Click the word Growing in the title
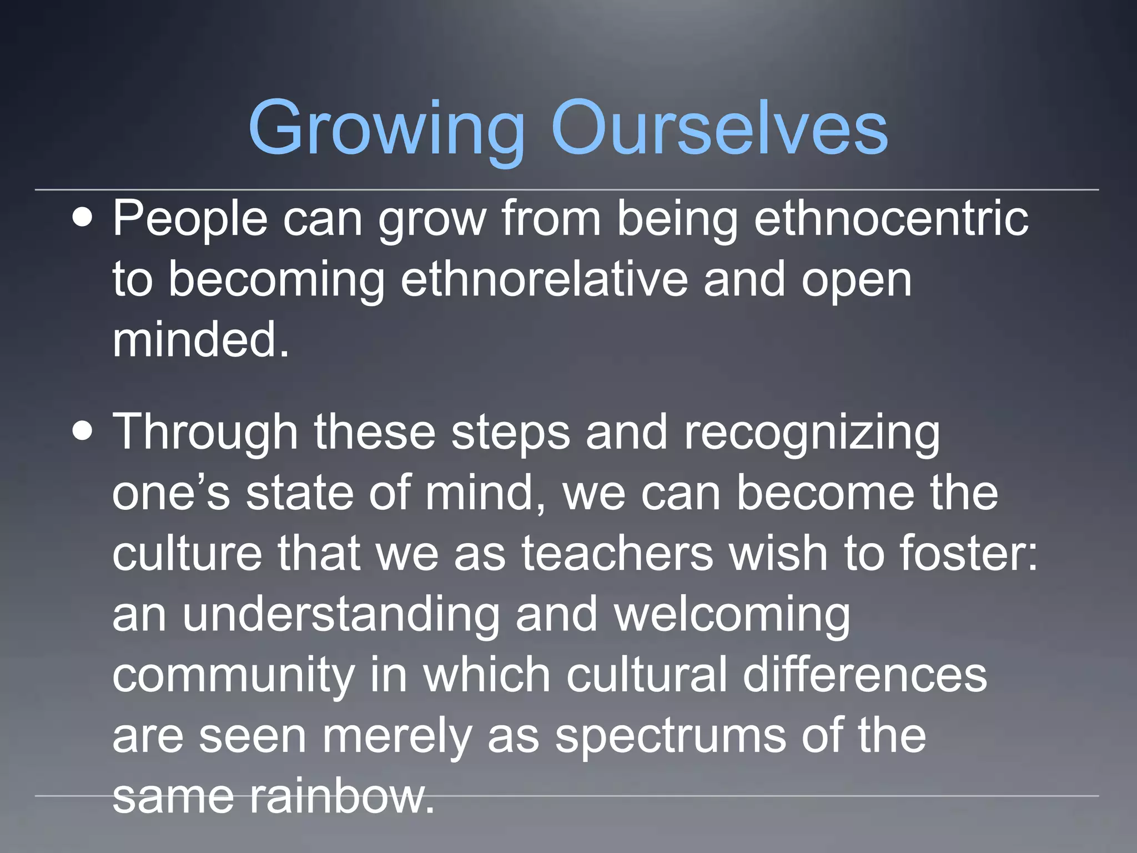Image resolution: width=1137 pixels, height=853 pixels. coord(386,129)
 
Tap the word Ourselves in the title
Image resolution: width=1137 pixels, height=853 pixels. coord(719,129)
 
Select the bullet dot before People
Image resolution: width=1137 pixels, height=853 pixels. coord(83,218)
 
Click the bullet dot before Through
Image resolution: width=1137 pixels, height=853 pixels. coord(83,432)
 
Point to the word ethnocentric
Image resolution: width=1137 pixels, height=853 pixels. coord(891,218)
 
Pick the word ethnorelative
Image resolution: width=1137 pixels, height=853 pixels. coord(544,279)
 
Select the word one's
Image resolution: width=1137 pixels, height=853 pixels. coord(171,493)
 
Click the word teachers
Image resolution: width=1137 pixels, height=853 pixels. coord(616,554)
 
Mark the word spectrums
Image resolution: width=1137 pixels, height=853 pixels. coord(670,737)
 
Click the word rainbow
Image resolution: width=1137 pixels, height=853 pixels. coord(341,796)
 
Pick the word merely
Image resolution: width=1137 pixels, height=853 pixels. coord(398,737)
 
